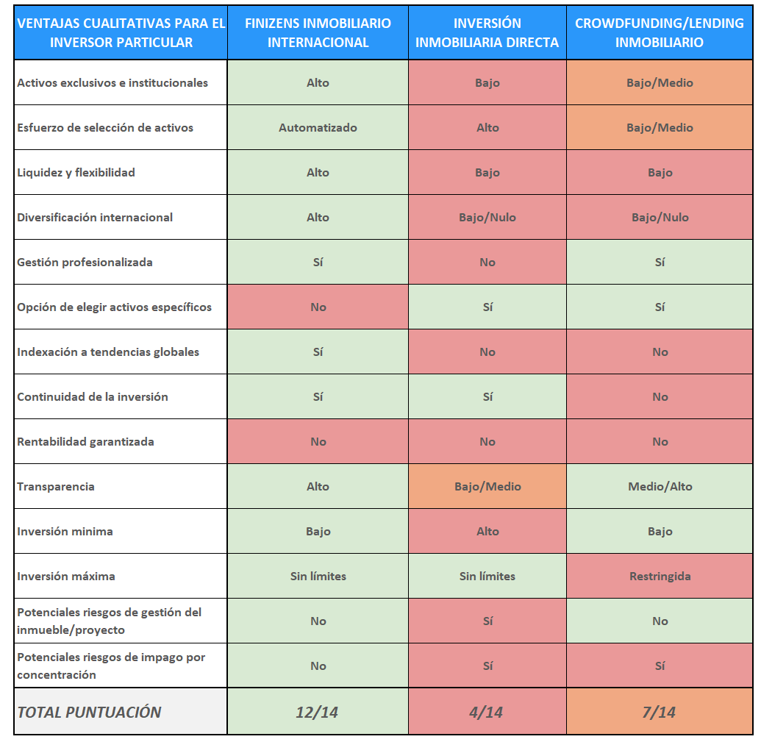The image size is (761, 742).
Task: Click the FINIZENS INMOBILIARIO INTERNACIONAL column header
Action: click(x=318, y=33)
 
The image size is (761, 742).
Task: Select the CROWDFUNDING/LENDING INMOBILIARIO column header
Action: click(x=660, y=33)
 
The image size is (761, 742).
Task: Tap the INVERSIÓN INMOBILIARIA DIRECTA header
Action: click(x=487, y=33)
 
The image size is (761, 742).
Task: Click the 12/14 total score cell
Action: click(x=318, y=712)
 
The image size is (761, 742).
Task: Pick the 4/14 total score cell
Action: click(x=487, y=712)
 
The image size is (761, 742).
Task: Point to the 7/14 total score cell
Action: click(x=660, y=712)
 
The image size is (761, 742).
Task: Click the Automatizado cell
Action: click(x=318, y=128)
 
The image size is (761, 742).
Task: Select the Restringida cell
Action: click(x=660, y=577)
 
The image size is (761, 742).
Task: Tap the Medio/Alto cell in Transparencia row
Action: click(x=660, y=487)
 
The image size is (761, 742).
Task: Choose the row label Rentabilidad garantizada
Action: click(x=85, y=442)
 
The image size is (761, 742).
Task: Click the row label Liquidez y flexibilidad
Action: click(x=76, y=173)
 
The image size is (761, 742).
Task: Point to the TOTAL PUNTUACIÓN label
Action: click(x=89, y=712)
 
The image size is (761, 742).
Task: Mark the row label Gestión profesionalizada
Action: click(x=85, y=263)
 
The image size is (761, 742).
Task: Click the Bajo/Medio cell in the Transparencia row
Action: click(x=487, y=487)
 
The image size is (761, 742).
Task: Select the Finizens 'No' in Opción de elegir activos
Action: click(x=318, y=307)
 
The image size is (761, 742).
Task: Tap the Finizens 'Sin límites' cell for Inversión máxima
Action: click(x=318, y=577)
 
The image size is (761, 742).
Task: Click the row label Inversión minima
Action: click(x=65, y=532)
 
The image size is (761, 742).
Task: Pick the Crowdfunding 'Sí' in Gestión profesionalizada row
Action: click(x=660, y=263)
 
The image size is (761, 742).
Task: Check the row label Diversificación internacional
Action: click(x=95, y=218)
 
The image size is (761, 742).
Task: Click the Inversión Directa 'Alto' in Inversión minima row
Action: click(x=487, y=532)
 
